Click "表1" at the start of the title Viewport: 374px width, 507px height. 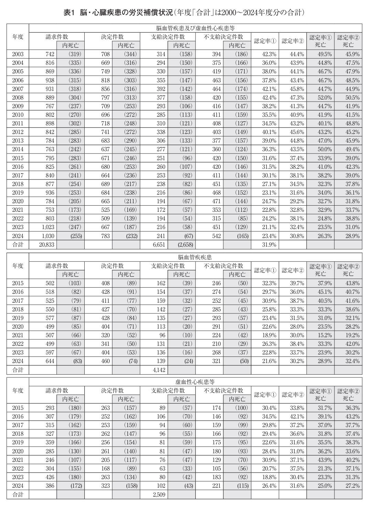[69, 13]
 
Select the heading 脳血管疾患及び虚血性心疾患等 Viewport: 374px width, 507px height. [195, 28]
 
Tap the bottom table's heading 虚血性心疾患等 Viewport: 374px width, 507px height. [195, 382]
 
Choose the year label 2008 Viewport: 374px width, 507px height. [18, 97]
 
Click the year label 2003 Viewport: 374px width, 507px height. [18, 54]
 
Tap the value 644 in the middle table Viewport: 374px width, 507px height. [50, 361]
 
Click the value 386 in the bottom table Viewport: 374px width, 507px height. [50, 486]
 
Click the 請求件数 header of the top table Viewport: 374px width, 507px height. [57, 37]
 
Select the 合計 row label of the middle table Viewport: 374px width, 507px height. [18, 370]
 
